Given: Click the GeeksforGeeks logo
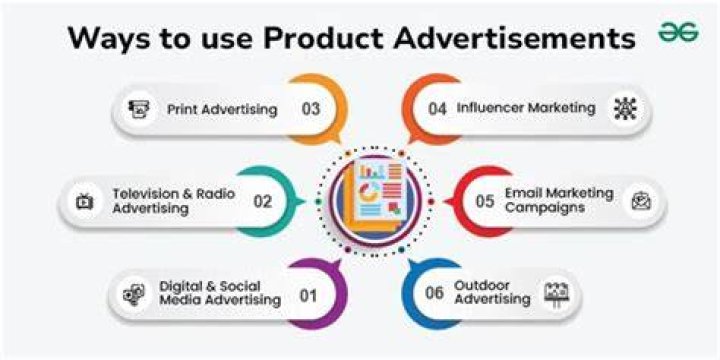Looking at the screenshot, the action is tap(678, 33).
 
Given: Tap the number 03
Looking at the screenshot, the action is tap(310, 109).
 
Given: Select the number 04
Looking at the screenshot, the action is tap(437, 109).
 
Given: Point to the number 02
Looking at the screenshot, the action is tap(263, 201).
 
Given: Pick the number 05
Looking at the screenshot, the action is tap(485, 201).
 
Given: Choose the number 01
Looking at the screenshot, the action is tap(308, 296).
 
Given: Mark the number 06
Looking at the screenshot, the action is tap(434, 292).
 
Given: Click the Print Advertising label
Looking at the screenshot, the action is tap(222, 110).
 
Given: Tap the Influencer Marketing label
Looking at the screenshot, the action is tap(526, 108).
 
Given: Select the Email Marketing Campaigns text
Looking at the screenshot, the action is tap(559, 200).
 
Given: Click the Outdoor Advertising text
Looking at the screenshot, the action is tap(492, 292).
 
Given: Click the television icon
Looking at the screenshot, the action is tap(85, 202).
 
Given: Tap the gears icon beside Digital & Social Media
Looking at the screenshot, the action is tap(134, 294).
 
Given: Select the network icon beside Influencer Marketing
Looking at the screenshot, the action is tap(625, 109).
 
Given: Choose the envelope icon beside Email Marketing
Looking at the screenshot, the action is tap(641, 201).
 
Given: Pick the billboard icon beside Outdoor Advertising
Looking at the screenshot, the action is tap(557, 293).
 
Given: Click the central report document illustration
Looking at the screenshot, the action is tap(374, 199).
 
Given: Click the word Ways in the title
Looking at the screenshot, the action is tap(107, 38).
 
